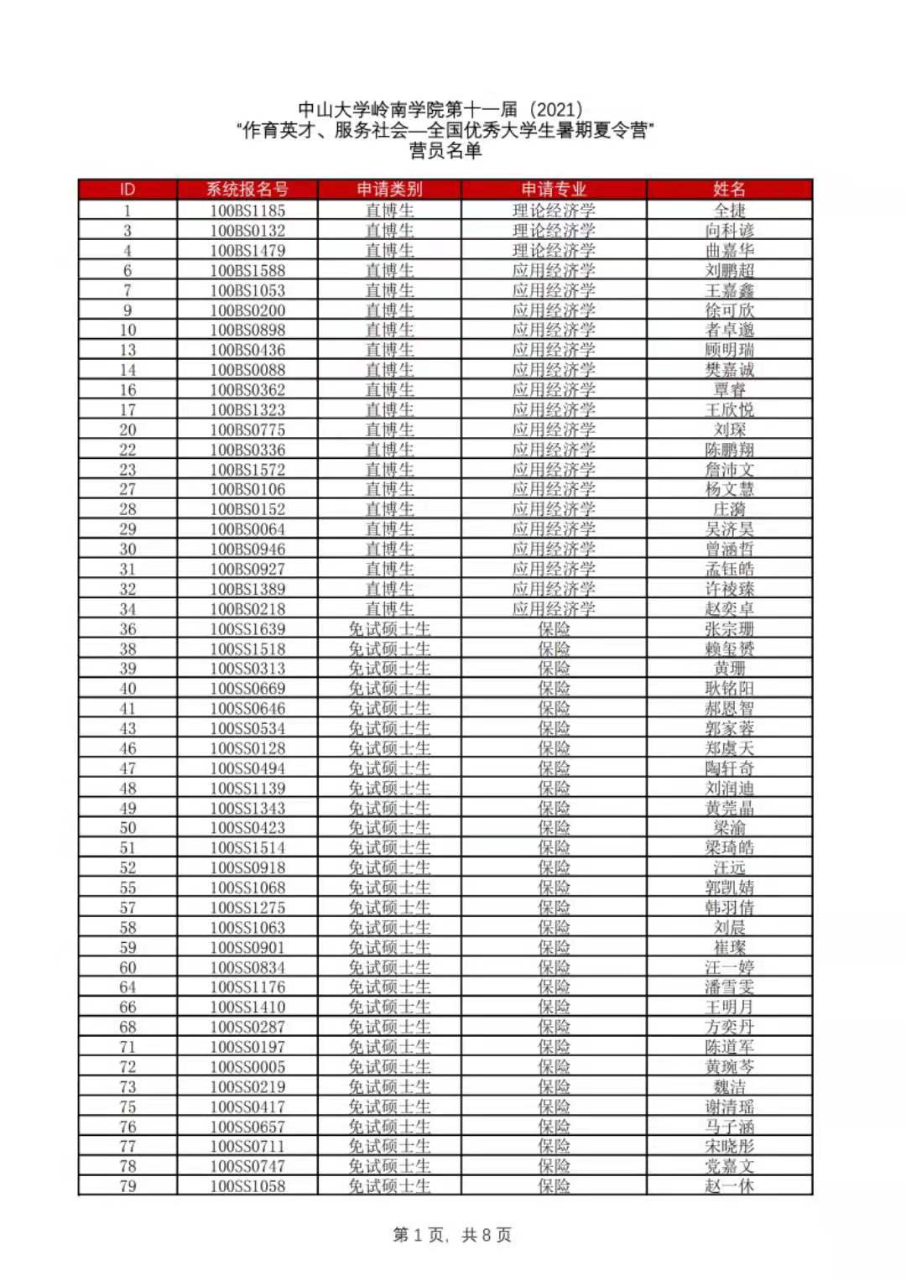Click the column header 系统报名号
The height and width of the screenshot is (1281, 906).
point(247,190)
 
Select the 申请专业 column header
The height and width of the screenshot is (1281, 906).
point(554,190)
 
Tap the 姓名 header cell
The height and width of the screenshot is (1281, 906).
point(729,190)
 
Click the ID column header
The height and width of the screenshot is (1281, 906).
point(128,190)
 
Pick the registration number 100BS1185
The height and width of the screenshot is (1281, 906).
point(247,211)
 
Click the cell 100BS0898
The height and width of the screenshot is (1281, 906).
point(247,331)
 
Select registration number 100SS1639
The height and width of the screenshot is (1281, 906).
point(247,629)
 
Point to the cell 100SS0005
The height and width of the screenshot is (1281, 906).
point(247,1067)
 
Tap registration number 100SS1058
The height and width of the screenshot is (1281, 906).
point(247,1186)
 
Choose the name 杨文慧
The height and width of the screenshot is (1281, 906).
point(729,490)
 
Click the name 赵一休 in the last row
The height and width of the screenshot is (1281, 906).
point(729,1186)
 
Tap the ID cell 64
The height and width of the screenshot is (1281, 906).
point(128,987)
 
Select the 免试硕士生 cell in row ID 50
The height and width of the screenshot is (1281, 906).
point(389,828)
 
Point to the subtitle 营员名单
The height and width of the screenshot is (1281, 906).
point(445,151)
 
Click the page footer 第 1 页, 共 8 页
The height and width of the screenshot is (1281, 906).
point(452,1235)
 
